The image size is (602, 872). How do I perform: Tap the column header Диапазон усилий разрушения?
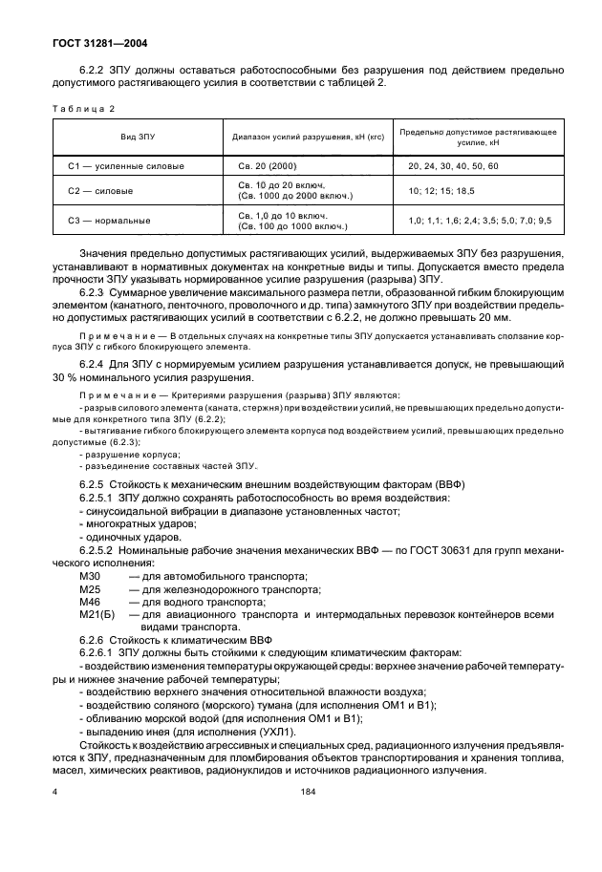tap(308, 137)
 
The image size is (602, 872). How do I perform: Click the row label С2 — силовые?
tap(99, 191)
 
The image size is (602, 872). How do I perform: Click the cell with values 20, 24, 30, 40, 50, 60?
tap(452, 166)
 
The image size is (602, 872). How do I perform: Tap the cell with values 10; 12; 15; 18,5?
tap(441, 191)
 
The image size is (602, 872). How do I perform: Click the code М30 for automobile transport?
tap(91, 576)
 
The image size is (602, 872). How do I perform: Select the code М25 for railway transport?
tap(91, 589)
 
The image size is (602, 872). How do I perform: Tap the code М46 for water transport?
tap(91, 603)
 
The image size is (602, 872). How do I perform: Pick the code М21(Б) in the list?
tap(97, 616)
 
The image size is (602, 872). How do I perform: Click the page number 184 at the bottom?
tap(308, 791)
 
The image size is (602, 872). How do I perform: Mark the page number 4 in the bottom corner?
tap(54, 791)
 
